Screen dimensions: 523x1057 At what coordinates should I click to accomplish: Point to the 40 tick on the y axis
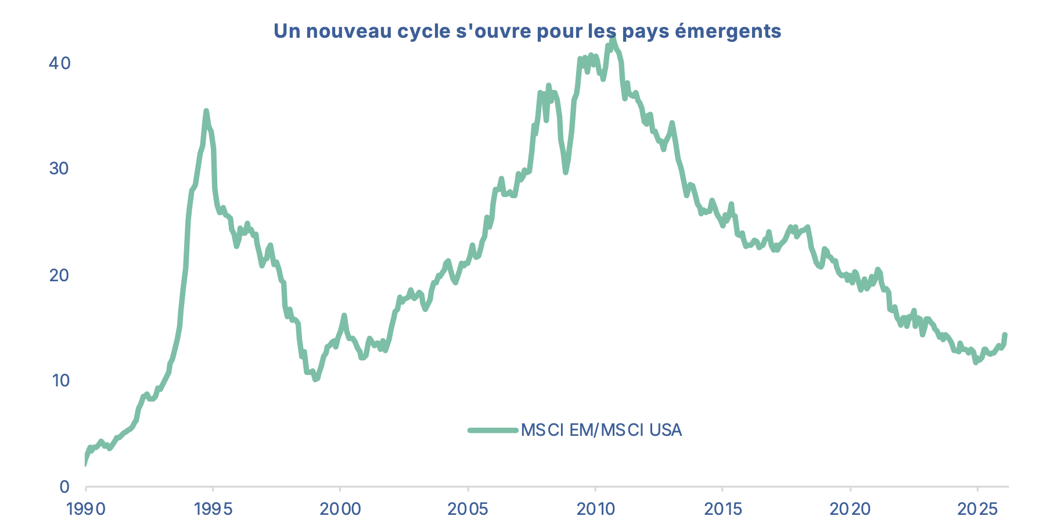[59, 63]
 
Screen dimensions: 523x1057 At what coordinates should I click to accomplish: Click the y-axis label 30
[59, 169]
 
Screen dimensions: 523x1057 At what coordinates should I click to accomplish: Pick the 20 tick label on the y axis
[59, 274]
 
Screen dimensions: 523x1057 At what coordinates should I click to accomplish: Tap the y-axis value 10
[60, 381]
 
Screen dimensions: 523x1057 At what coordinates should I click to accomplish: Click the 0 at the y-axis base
[65, 486]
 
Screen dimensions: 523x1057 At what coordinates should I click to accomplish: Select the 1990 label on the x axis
[86, 510]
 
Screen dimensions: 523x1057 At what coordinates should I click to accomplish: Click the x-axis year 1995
[213, 510]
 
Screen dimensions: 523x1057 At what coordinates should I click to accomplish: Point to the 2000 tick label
[340, 510]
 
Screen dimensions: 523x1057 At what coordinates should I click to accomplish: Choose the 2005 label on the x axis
[468, 510]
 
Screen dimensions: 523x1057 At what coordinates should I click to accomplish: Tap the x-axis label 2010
[595, 510]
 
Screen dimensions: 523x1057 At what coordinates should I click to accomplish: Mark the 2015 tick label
[723, 510]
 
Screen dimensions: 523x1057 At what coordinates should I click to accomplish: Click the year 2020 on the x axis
[850, 510]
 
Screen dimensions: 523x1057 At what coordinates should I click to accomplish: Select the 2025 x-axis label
[977, 510]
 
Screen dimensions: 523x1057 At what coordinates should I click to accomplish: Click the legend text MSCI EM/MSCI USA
[601, 430]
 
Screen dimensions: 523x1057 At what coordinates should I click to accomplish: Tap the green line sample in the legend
[492, 430]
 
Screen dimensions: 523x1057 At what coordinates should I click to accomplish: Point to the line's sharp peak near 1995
[206, 111]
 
